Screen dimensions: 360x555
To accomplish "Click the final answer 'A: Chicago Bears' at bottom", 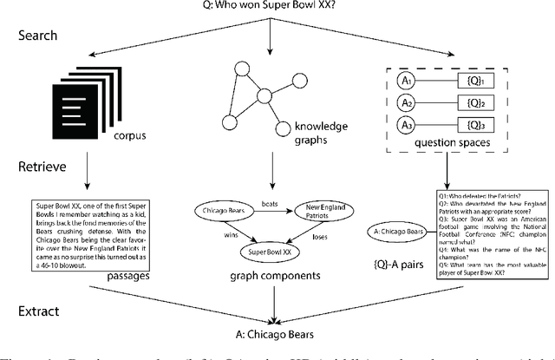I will [x=274, y=331].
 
